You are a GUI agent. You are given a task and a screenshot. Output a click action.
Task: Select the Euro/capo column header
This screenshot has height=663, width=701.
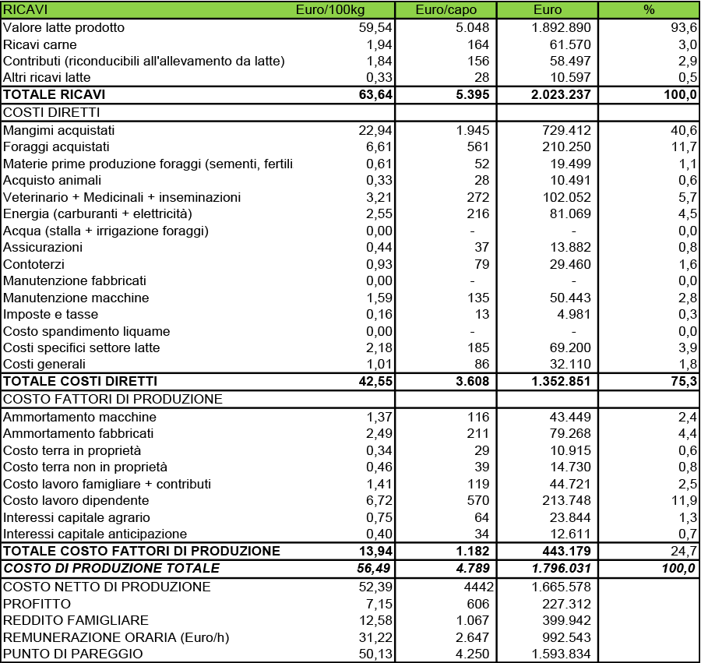[446, 10]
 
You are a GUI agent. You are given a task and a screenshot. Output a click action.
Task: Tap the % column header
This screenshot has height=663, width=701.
[649, 10]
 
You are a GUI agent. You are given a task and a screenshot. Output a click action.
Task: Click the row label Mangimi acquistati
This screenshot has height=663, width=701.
[59, 130]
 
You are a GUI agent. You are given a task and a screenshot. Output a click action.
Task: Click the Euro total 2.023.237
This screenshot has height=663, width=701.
[555, 94]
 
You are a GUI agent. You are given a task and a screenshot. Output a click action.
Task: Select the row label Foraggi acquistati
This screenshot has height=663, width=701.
[57, 146]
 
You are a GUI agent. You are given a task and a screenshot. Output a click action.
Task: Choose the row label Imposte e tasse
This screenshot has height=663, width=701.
[51, 314]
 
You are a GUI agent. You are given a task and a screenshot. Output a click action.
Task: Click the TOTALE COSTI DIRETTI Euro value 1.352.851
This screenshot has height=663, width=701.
[555, 381]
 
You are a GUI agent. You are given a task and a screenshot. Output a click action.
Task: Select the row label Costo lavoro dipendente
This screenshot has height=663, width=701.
[76, 500]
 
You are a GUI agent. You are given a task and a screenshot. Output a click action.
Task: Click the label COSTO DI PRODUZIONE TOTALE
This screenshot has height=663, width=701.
[111, 568]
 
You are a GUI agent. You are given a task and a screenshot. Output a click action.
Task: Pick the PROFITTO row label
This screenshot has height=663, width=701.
[37, 604]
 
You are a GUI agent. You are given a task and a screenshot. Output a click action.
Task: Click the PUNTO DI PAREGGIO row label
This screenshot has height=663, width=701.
[73, 654]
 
